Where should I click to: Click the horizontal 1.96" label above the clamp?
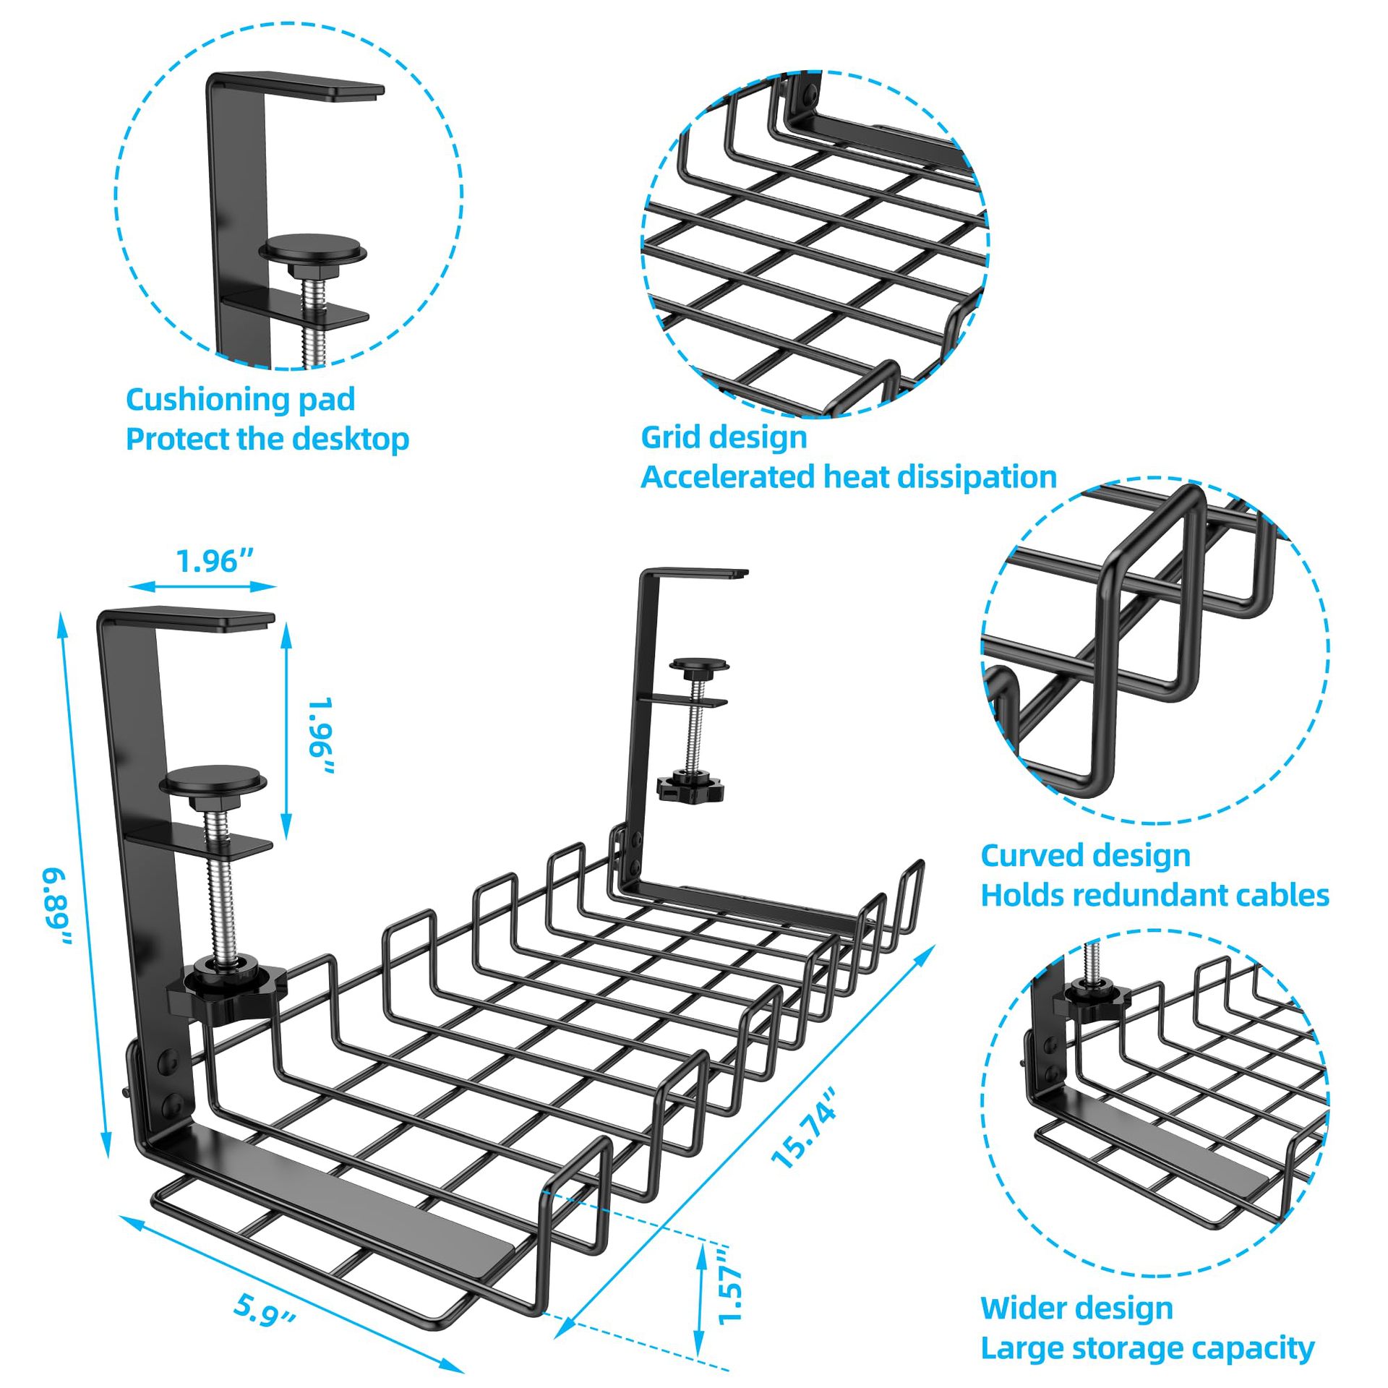pos(215,561)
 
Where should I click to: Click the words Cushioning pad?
pos(240,400)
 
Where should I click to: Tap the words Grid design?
pos(724,437)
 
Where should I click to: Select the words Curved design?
pos(1085,855)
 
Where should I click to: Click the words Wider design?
pos(1076,1288)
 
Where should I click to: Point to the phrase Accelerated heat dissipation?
pos(849,477)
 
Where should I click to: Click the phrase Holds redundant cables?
pos(1154,895)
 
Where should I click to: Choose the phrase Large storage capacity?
pos(1147,1328)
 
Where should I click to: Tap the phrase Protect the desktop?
pos(267,440)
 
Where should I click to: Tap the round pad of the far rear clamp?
pos(698,664)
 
